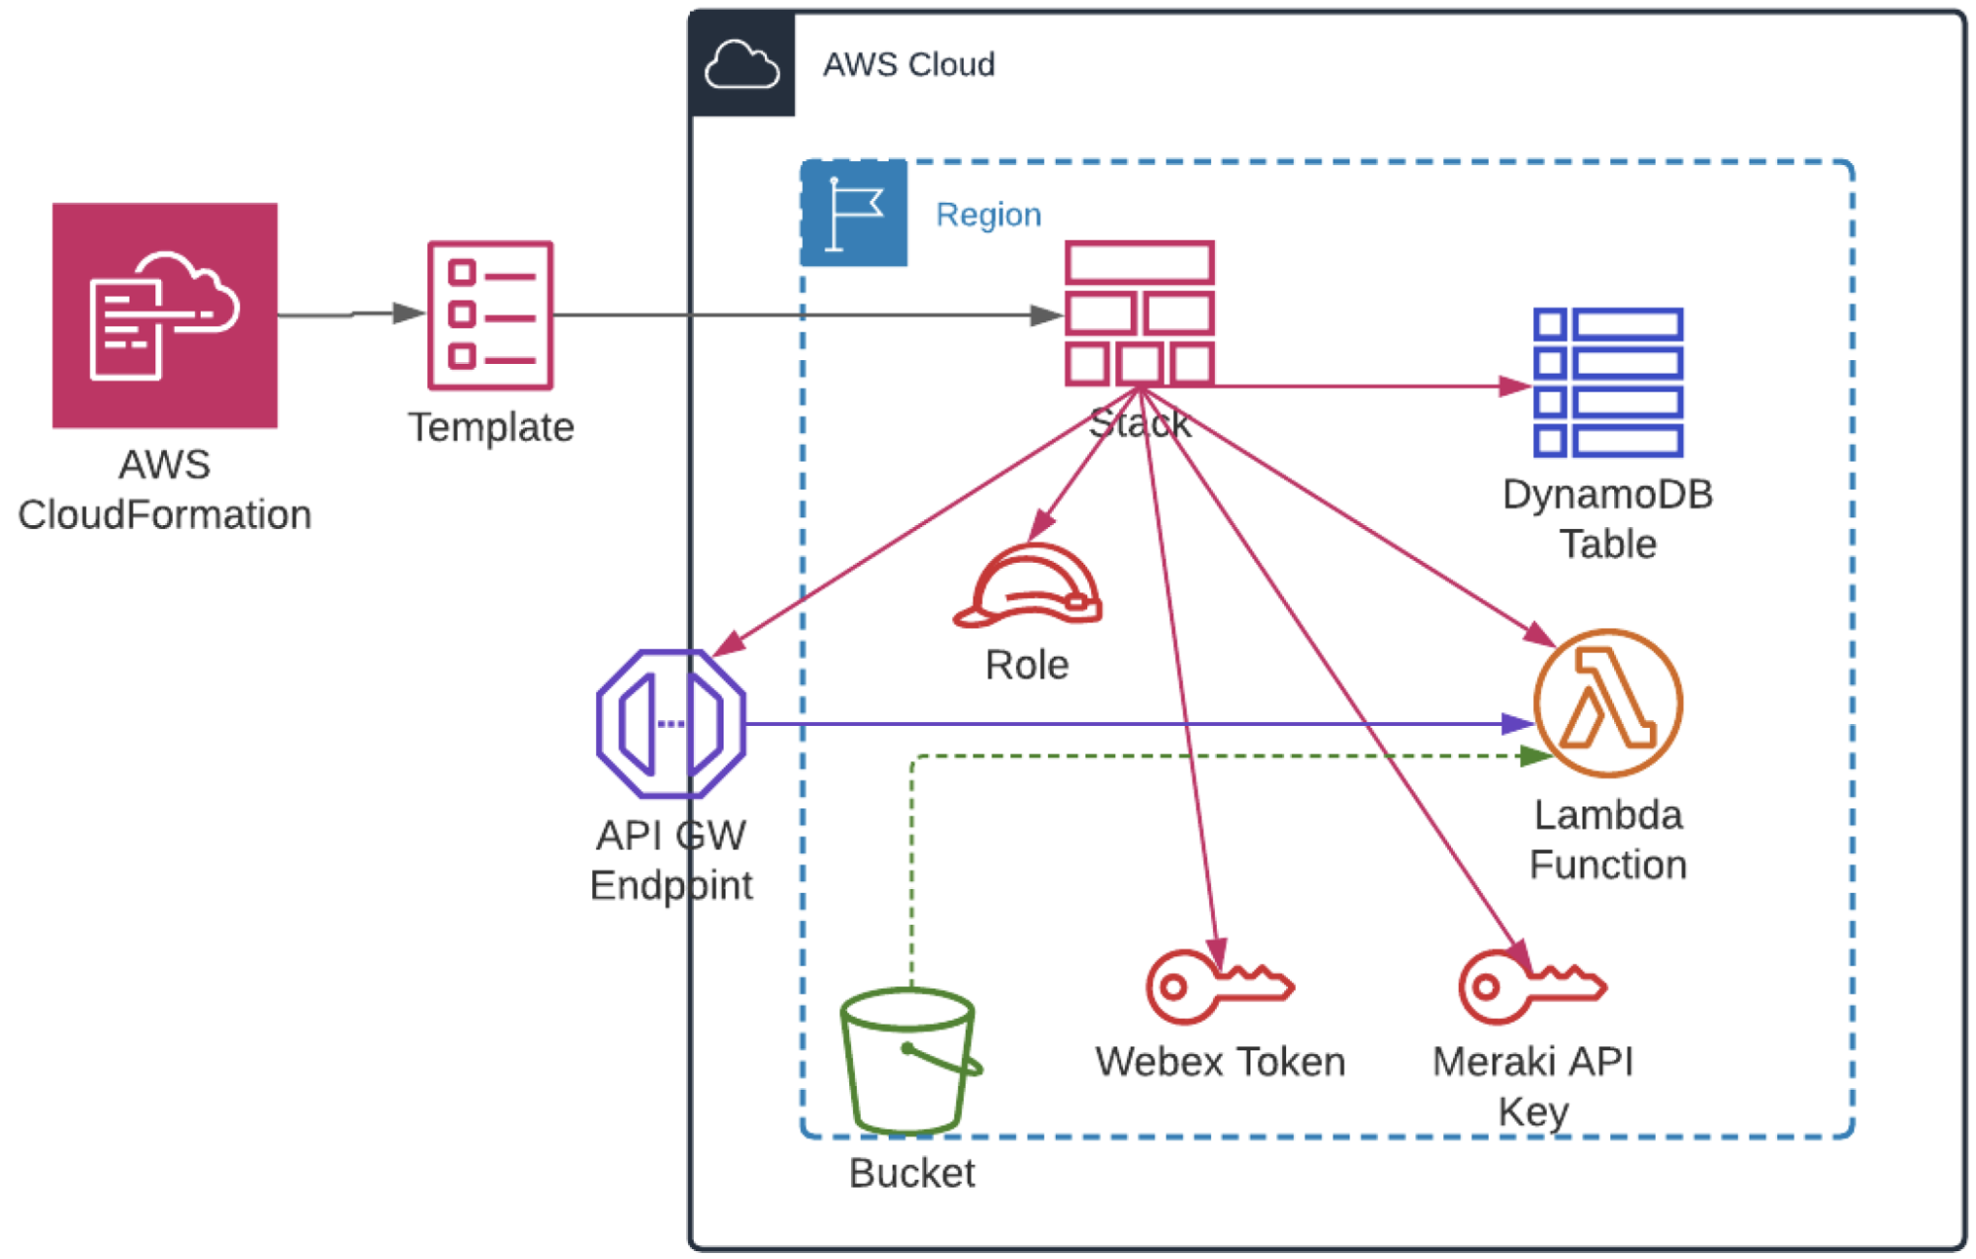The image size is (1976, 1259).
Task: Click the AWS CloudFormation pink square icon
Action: [165, 315]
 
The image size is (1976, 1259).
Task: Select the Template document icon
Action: [490, 315]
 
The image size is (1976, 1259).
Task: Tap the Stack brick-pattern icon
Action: [1140, 314]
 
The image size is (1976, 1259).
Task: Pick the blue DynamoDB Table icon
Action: [1608, 383]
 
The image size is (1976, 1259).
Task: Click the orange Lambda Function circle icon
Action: [1608, 703]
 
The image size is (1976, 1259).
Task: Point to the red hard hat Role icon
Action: [1027, 585]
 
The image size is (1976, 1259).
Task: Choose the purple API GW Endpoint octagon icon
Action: [671, 723]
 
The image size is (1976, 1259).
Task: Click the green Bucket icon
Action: [910, 1061]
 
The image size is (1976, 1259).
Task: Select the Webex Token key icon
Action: [1220, 986]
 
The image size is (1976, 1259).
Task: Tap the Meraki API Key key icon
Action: [1533, 986]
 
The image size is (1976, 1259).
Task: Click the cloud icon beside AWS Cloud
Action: [742, 64]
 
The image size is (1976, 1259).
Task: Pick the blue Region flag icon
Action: [854, 214]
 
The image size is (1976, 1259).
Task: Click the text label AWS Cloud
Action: [909, 64]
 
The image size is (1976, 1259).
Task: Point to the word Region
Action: [988, 215]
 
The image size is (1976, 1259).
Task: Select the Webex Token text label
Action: [1221, 1061]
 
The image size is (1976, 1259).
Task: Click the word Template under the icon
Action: [491, 427]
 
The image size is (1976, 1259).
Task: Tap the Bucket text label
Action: [911, 1173]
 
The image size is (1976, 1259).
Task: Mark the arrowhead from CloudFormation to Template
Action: [409, 314]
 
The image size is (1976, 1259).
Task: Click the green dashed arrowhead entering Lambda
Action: [1536, 757]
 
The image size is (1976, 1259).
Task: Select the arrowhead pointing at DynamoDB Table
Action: [1516, 386]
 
